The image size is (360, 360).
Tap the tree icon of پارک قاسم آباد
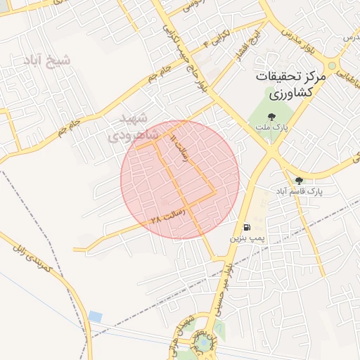299,181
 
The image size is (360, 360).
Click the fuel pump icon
247,226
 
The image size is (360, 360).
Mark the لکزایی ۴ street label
214,39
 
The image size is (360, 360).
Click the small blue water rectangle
96,317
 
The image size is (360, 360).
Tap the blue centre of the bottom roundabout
203,342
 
